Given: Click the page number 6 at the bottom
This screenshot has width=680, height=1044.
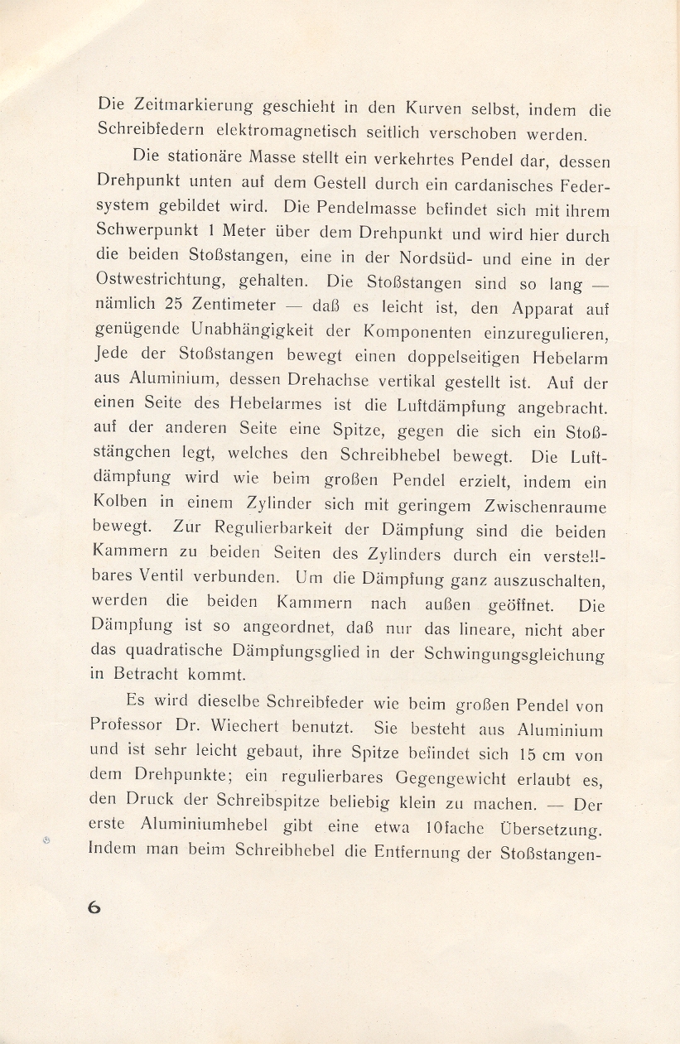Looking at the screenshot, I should pyautogui.click(x=94, y=907).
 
